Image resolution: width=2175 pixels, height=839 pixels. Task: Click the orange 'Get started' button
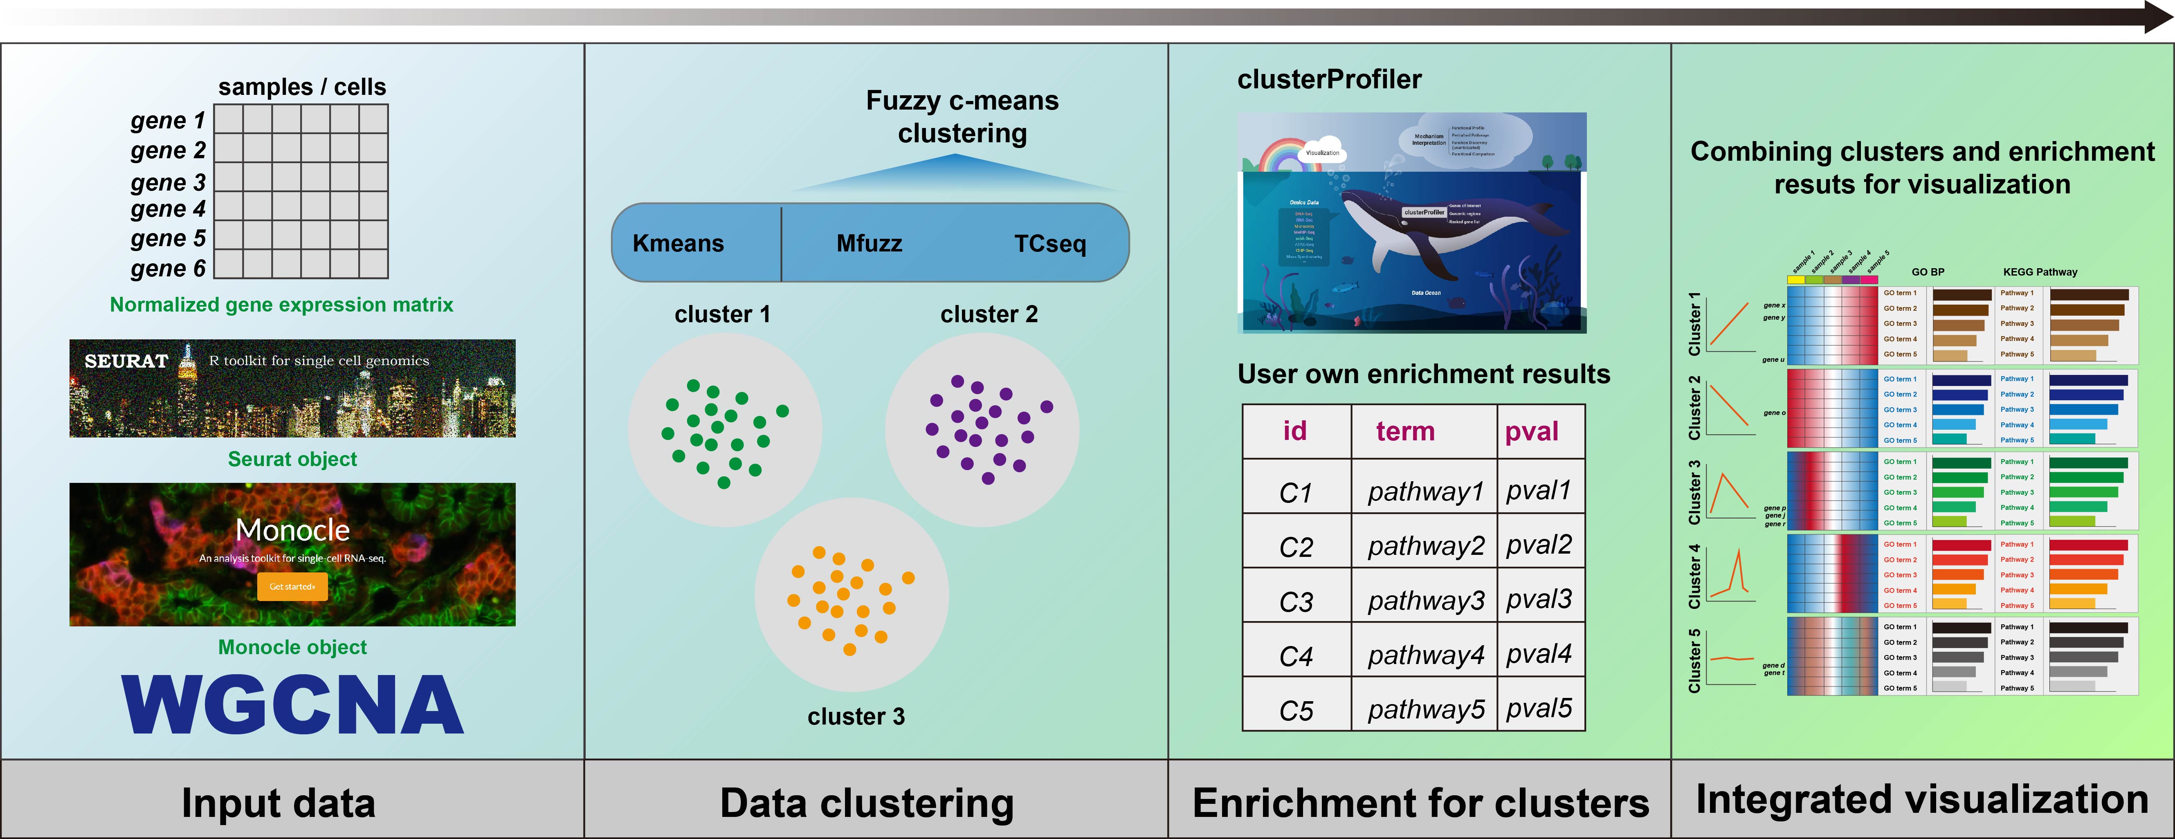pyautogui.click(x=292, y=587)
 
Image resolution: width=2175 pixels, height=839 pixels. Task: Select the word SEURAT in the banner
pyautogui.click(x=127, y=361)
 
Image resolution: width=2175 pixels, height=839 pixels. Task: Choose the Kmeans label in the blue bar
pyautogui.click(x=678, y=244)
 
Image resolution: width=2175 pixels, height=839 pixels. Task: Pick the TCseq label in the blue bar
pyautogui.click(x=1049, y=244)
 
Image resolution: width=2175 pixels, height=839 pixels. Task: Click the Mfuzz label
pyautogui.click(x=869, y=244)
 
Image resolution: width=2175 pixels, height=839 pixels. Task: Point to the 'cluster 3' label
pyautogui.click(x=855, y=717)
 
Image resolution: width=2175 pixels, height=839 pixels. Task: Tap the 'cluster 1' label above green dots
pyautogui.click(x=722, y=315)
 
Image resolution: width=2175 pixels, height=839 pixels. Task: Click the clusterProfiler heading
pyautogui.click(x=1329, y=79)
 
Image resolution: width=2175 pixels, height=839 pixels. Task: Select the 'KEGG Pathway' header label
pyautogui.click(x=2040, y=272)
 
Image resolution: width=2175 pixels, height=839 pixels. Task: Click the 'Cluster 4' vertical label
pyautogui.click(x=1694, y=577)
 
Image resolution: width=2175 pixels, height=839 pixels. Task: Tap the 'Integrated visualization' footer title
pyautogui.click(x=1922, y=799)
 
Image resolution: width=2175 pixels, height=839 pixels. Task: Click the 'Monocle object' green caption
pyautogui.click(x=292, y=647)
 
